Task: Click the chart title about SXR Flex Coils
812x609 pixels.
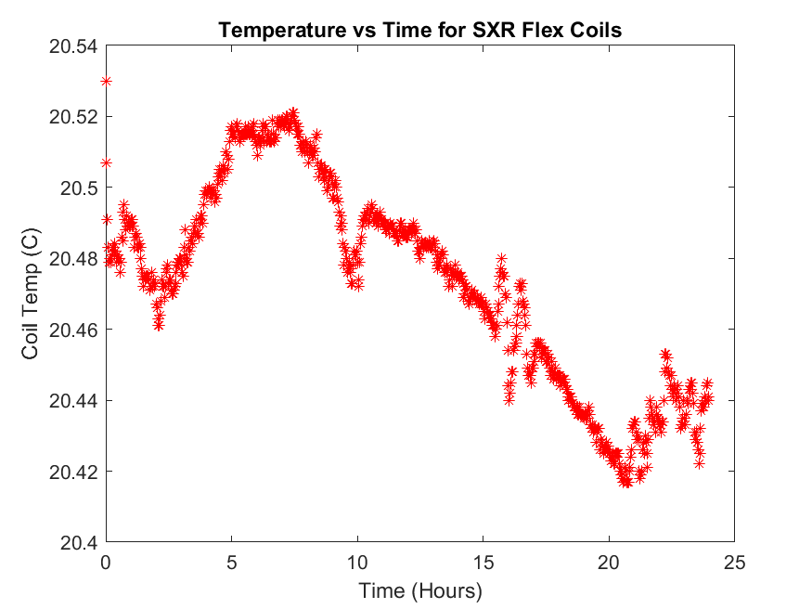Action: (x=419, y=30)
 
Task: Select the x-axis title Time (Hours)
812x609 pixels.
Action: (x=420, y=590)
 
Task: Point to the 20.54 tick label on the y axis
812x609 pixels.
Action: (x=74, y=45)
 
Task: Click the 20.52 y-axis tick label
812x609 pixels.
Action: (x=74, y=117)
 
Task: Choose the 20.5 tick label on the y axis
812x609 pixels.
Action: (x=79, y=188)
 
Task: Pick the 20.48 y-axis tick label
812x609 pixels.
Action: (x=74, y=259)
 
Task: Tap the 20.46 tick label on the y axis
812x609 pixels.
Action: (x=74, y=330)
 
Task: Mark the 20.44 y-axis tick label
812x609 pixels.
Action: (x=74, y=401)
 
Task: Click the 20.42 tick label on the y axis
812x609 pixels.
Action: (x=74, y=472)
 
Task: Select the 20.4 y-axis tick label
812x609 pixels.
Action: (x=79, y=543)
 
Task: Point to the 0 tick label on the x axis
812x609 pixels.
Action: (x=107, y=562)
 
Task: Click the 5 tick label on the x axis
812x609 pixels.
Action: (x=232, y=562)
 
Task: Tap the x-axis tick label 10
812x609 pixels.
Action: (x=357, y=562)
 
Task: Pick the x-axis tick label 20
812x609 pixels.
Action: (x=609, y=562)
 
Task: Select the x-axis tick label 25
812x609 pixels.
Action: (x=734, y=562)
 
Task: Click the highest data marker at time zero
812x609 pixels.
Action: (x=107, y=81)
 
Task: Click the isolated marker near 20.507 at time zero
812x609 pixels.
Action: (x=107, y=162)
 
